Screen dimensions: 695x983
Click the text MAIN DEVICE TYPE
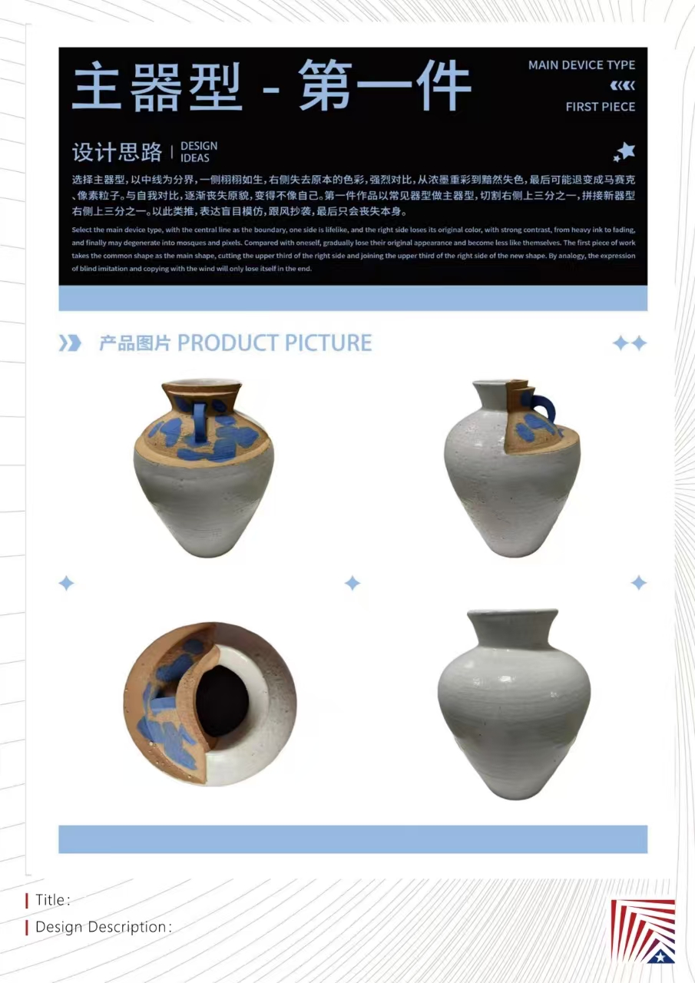(581, 65)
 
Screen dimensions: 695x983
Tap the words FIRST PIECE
(601, 107)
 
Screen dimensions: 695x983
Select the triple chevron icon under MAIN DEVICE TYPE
(623, 85)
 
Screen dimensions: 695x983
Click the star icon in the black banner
(624, 152)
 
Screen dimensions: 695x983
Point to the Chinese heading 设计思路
(117, 152)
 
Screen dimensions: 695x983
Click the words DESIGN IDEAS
(199, 152)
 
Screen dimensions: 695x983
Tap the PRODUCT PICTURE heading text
(275, 343)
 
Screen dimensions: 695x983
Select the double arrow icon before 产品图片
(70, 343)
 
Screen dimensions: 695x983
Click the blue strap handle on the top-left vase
(199, 422)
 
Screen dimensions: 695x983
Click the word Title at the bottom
(51, 900)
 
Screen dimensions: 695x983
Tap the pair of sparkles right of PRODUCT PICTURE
(630, 343)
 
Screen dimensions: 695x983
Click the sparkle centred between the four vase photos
(352, 583)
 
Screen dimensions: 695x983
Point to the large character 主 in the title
(97, 85)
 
